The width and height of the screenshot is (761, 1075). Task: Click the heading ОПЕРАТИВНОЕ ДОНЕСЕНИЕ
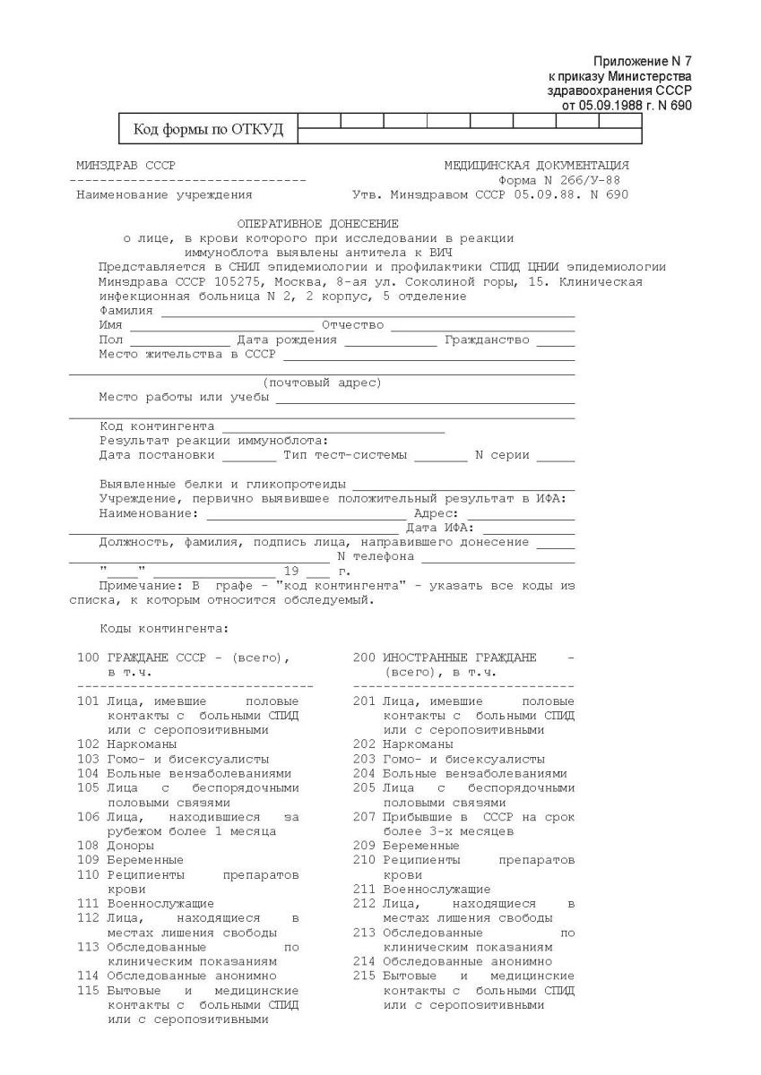pos(318,223)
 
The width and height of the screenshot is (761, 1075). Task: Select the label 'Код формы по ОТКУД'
pos(208,130)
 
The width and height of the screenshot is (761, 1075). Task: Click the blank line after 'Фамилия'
pos(368,314)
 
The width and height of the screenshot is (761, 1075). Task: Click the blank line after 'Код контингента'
pos(333,429)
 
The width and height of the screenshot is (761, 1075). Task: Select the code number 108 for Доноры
pos(87,845)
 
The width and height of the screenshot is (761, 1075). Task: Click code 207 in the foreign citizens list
pos(363,817)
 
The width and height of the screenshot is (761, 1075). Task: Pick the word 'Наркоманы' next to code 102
pos(142,744)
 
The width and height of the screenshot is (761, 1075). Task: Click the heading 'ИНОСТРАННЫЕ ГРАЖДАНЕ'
pos(459,658)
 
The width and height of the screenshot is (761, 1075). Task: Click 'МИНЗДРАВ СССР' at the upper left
pos(126,166)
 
